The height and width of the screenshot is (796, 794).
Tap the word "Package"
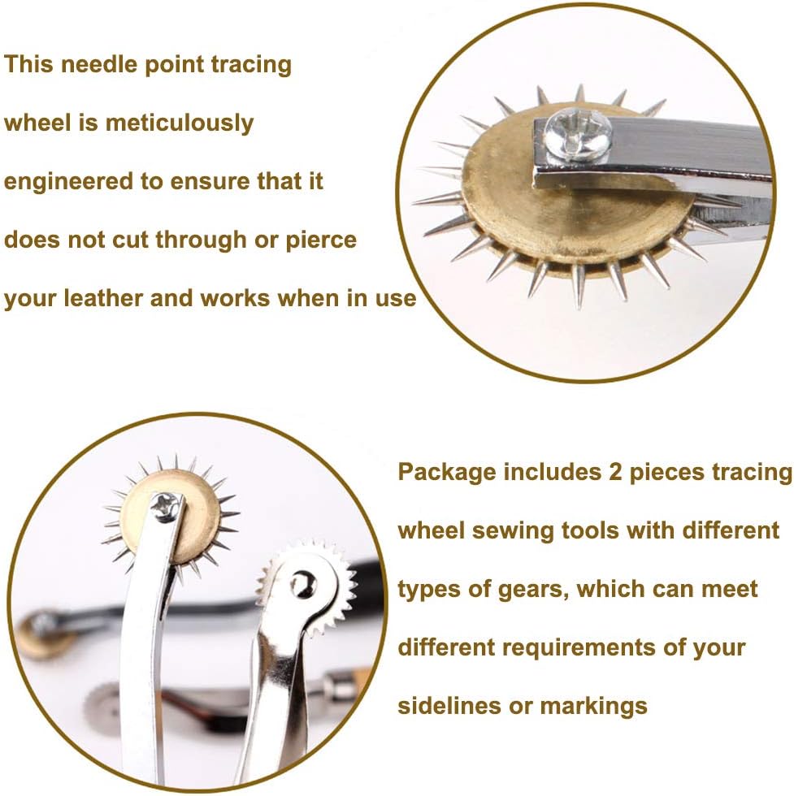[446, 472]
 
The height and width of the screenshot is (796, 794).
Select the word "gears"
[527, 589]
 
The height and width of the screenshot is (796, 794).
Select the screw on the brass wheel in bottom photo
[166, 507]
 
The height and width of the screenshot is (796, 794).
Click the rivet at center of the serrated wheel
[303, 582]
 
